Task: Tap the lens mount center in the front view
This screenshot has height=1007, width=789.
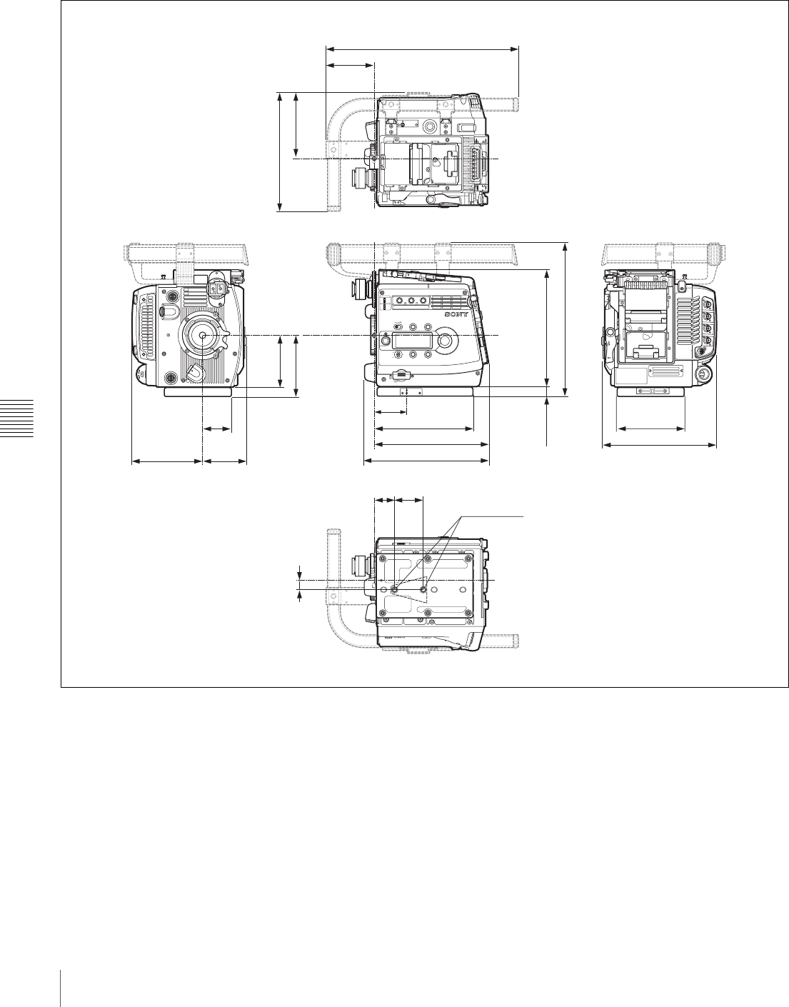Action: point(203,335)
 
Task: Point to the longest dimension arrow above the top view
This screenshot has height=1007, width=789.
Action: point(423,47)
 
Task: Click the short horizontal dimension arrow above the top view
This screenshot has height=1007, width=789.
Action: point(351,65)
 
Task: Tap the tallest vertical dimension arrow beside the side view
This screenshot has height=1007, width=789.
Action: point(566,319)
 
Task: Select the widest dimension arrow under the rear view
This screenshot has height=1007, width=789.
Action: point(659,446)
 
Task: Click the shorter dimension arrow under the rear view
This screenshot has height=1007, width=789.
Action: point(650,429)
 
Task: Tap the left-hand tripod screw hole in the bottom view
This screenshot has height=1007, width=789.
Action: point(394,589)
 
